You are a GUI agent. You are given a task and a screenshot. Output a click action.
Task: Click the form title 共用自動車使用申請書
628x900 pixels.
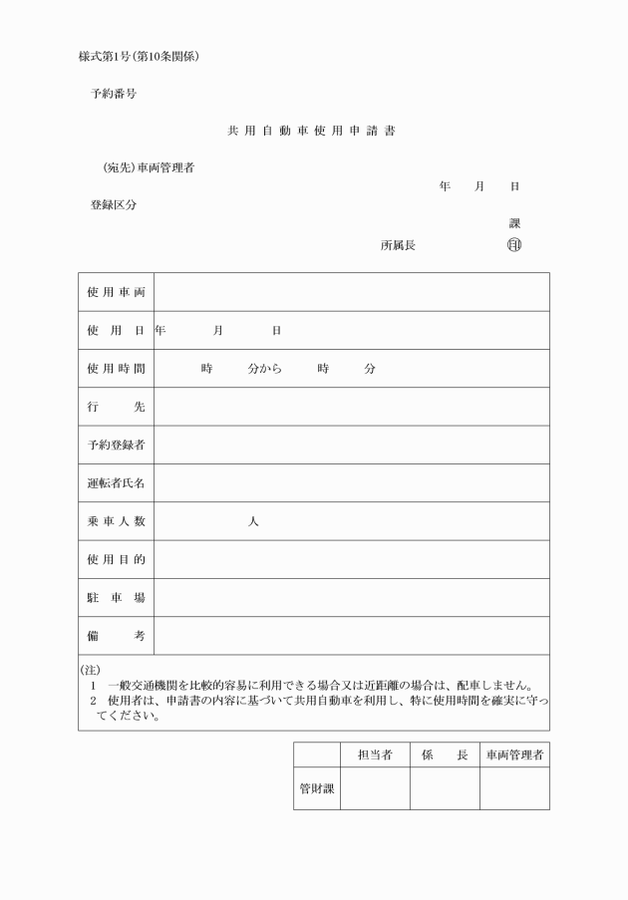313,131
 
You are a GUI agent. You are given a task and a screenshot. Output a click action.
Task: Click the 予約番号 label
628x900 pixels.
114,94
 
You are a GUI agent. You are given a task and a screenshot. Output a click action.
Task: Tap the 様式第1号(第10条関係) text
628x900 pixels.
140,56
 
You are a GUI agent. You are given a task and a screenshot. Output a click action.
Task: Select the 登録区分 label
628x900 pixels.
114,205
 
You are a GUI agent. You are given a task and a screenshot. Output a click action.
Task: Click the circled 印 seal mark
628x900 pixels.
514,244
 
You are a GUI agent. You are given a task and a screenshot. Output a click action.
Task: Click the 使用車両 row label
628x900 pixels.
116,292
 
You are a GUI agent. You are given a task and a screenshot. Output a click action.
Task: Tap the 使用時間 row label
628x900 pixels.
116,369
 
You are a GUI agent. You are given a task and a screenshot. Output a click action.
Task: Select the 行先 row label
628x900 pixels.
116,407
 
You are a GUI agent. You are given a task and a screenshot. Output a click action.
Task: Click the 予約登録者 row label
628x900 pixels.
116,445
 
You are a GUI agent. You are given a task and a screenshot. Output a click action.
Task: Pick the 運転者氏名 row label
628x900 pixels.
116,483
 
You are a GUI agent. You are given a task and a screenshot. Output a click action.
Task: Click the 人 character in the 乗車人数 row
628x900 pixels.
253,521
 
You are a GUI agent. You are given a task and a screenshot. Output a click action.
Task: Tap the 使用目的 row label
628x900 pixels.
116,559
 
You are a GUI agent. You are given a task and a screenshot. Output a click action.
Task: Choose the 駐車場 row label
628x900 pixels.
116,598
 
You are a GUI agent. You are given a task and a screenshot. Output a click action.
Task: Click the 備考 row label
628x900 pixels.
116,636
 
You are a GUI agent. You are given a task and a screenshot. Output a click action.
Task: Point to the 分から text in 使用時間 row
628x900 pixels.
265,369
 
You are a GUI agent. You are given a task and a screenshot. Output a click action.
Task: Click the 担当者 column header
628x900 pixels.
375,755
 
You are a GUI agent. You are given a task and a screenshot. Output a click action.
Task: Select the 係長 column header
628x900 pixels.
445,755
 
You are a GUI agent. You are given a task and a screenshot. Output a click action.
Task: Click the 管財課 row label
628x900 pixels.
317,788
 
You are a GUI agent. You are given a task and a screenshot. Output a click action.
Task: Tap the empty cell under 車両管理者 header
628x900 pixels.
514,788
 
